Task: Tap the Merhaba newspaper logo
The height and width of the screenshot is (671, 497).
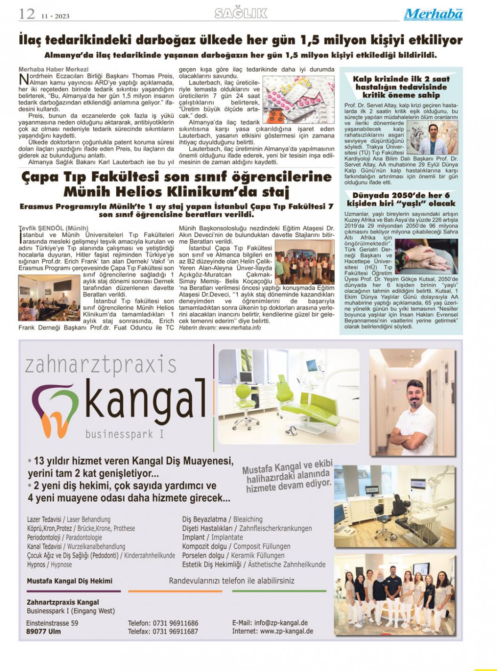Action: (433, 14)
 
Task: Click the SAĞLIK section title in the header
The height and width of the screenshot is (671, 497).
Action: (241, 14)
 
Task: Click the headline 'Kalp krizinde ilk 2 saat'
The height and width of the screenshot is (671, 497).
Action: (401, 79)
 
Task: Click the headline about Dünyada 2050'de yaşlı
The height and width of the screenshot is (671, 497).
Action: (401, 199)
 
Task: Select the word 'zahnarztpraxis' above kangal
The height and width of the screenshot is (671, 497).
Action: (101, 365)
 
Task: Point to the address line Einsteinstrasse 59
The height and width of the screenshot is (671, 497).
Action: (52, 623)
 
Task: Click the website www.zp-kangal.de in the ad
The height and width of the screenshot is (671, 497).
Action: (286, 631)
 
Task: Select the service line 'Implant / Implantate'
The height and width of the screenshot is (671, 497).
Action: (213, 537)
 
